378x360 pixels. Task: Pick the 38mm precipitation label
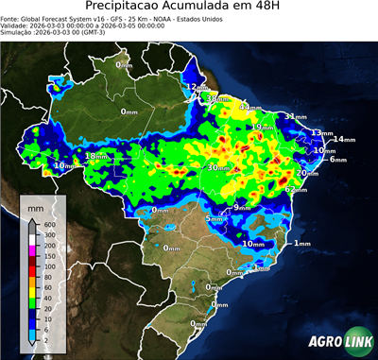point(218,98)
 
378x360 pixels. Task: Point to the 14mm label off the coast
point(343,140)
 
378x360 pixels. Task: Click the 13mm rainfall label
point(322,133)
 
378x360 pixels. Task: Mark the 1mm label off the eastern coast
point(302,244)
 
